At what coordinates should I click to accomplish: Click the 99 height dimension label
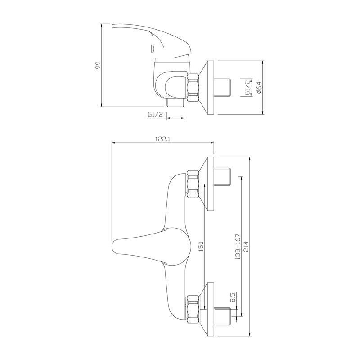point(98,65)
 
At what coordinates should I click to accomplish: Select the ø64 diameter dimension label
point(259,88)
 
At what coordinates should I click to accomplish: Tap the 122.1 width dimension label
point(162,139)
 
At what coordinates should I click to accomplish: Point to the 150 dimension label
point(201,246)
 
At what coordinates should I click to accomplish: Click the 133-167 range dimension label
point(238,247)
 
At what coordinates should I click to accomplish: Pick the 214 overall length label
point(246,247)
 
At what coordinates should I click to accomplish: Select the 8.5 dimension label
point(233,297)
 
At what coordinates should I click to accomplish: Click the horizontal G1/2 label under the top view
point(155,115)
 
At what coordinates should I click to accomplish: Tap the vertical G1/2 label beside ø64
point(247,88)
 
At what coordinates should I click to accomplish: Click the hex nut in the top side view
point(193,87)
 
